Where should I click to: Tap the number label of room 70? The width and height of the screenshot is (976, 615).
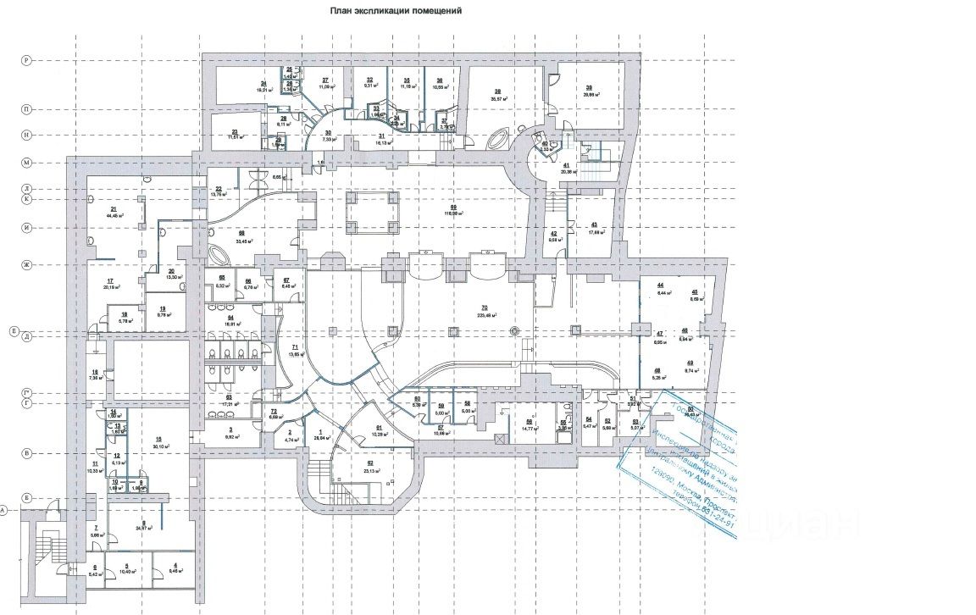[x=484, y=307]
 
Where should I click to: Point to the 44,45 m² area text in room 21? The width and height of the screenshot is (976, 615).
[x=113, y=216]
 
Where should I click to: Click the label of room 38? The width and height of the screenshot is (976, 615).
[x=497, y=91]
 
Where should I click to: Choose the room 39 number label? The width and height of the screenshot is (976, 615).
[x=587, y=88]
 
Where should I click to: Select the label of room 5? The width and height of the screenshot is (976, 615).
[x=125, y=567]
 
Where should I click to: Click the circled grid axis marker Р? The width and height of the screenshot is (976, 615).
[x=26, y=60]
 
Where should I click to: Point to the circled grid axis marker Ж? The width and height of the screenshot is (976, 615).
[x=26, y=266]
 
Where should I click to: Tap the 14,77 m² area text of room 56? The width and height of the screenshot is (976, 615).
[x=530, y=429]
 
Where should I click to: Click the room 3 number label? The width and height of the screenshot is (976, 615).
[x=230, y=430]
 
